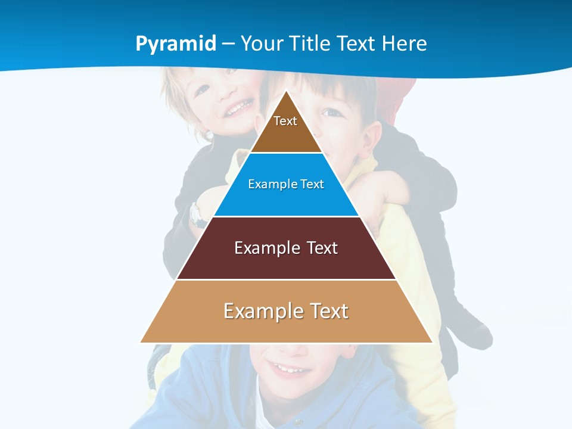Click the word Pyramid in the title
(x=176, y=44)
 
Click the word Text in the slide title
(x=357, y=44)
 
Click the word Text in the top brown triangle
(x=285, y=121)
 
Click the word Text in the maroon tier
(x=322, y=248)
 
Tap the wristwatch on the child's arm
(x=196, y=214)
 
